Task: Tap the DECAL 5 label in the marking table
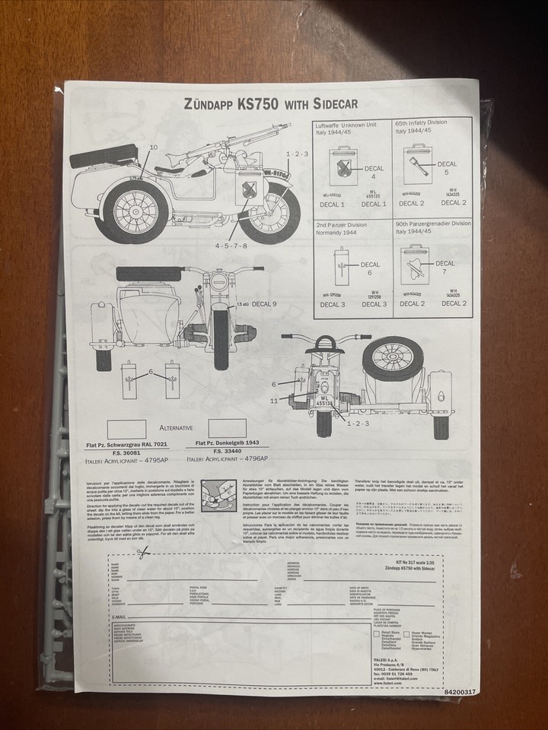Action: pyautogui.click(x=448, y=168)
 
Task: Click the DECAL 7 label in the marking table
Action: pyautogui.click(x=445, y=268)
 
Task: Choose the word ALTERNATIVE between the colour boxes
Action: pyautogui.click(x=176, y=428)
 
